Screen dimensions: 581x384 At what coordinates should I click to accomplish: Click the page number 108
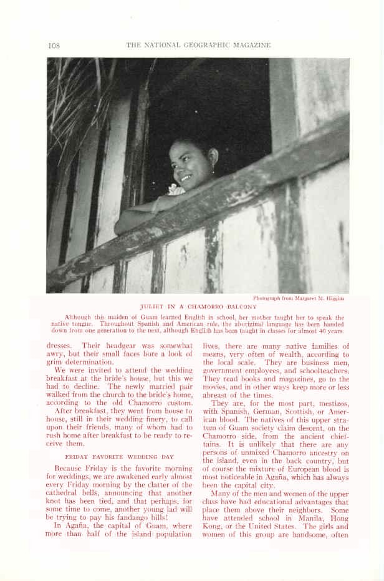(53, 45)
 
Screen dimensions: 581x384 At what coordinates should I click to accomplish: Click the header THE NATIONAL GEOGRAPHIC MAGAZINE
(198, 45)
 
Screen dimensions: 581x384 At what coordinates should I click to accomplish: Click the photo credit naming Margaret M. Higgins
(299, 298)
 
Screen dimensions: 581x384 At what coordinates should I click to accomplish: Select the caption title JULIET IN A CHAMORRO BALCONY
(198, 307)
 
